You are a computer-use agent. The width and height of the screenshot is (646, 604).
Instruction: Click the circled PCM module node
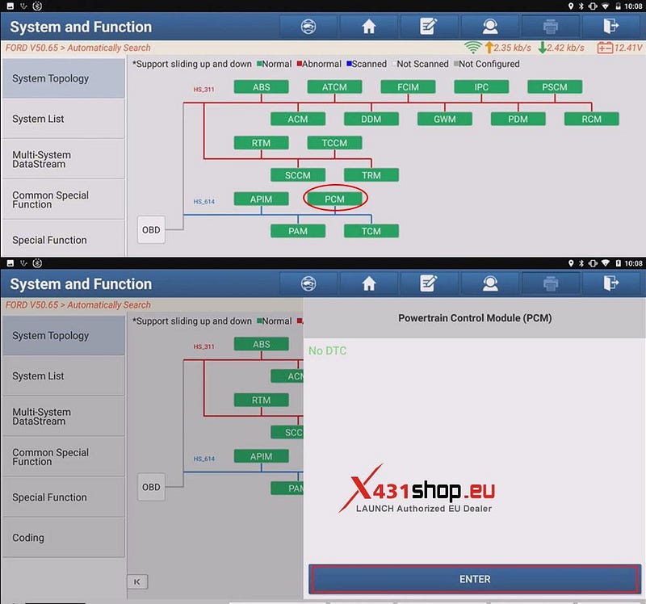pyautogui.click(x=334, y=199)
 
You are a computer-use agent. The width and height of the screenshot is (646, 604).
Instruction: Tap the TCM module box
pyautogui.click(x=371, y=231)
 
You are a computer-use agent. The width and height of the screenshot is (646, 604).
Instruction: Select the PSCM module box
pyautogui.click(x=555, y=87)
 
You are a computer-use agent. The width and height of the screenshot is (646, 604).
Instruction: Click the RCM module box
pyautogui.click(x=591, y=119)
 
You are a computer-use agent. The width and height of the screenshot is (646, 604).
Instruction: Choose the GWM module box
pyautogui.click(x=445, y=119)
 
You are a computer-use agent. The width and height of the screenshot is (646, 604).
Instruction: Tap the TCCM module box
pyautogui.click(x=334, y=143)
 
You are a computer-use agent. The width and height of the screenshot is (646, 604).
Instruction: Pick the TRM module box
pyautogui.click(x=371, y=175)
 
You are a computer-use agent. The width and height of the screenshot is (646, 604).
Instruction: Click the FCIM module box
pyautogui.click(x=408, y=87)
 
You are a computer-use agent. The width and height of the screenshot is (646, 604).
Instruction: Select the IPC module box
pyautogui.click(x=481, y=87)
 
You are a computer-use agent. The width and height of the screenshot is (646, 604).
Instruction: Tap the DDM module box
pyautogui.click(x=371, y=119)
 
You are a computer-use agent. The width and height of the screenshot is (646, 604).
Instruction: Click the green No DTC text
pyautogui.click(x=328, y=350)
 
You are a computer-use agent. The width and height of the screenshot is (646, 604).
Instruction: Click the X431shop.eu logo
pyautogui.click(x=417, y=489)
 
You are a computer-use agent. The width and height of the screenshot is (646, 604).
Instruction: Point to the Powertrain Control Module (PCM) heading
pyautogui.click(x=475, y=318)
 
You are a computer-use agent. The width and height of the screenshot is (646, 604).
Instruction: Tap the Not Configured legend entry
pyautogui.click(x=487, y=64)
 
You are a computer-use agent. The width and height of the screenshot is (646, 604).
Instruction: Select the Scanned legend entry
pyautogui.click(x=367, y=64)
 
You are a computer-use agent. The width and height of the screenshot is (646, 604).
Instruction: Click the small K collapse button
pyautogui.click(x=137, y=581)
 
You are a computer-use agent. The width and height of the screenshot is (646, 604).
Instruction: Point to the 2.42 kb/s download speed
pyautogui.click(x=561, y=48)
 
